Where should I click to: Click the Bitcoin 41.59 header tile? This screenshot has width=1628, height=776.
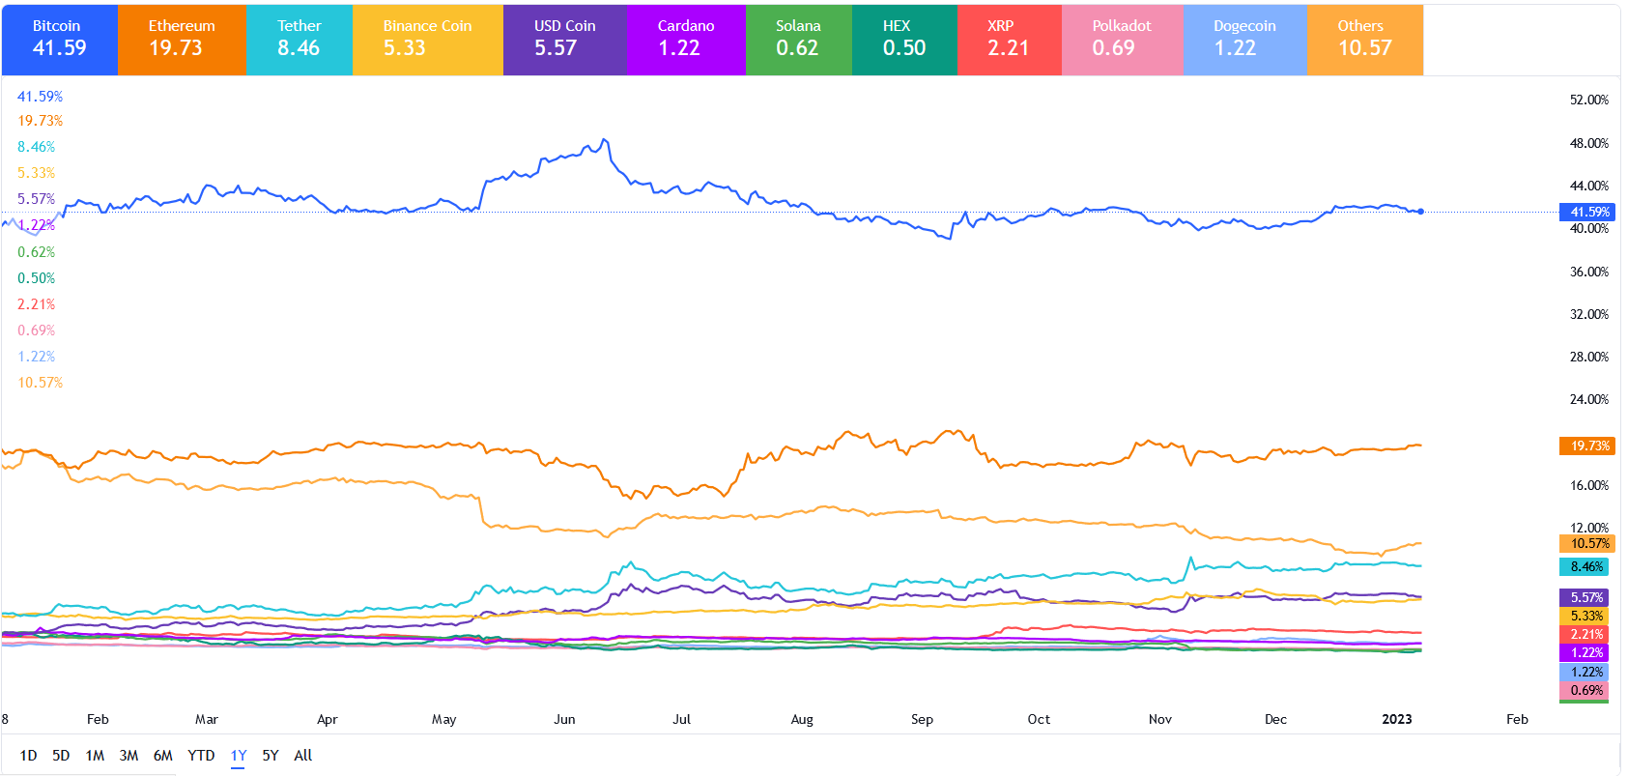pyautogui.click(x=60, y=40)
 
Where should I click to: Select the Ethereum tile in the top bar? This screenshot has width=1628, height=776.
pyautogui.click(x=182, y=40)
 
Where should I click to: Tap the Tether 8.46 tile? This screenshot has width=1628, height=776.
pyautogui.click(x=300, y=40)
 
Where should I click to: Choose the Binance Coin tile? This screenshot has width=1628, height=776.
pyautogui.click(x=427, y=40)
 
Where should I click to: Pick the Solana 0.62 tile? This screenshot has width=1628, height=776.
pyautogui.click(x=798, y=40)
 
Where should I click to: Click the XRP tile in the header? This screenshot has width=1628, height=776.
pyautogui.click(x=1009, y=40)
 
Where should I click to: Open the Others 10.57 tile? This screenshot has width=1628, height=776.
pyautogui.click(x=1364, y=40)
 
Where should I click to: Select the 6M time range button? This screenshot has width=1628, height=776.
pyautogui.click(x=162, y=756)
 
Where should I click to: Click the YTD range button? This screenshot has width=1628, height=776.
pyautogui.click(x=201, y=756)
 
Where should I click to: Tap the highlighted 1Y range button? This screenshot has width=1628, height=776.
pyautogui.click(x=239, y=756)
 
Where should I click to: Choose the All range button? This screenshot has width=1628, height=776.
pyautogui.click(x=303, y=756)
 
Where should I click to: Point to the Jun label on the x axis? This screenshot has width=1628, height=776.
pyautogui.click(x=564, y=719)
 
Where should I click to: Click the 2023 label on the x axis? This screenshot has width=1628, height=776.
pyautogui.click(x=1397, y=719)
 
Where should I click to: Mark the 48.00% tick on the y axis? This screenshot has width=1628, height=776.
pyautogui.click(x=1589, y=143)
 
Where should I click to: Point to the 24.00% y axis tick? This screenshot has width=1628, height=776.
pyautogui.click(x=1589, y=399)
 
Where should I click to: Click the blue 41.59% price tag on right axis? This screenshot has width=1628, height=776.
pyautogui.click(x=1587, y=212)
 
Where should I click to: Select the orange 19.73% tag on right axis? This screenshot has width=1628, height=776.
pyautogui.click(x=1587, y=445)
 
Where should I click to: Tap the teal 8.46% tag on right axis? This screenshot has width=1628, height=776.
pyautogui.click(x=1586, y=567)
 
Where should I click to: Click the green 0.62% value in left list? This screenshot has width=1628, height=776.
pyautogui.click(x=37, y=252)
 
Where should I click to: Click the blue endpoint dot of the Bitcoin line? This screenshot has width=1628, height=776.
pyautogui.click(x=1420, y=211)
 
